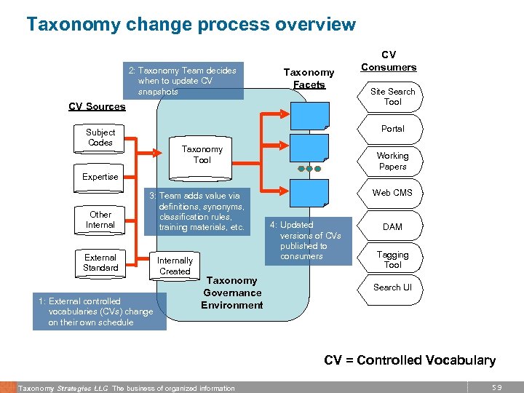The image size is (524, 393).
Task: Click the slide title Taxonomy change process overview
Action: point(191,25)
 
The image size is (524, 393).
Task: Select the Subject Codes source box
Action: point(100,138)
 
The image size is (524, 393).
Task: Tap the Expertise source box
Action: point(100,177)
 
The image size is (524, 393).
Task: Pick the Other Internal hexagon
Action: point(100,220)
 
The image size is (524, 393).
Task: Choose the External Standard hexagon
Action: point(100,263)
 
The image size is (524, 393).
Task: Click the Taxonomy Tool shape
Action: point(202,155)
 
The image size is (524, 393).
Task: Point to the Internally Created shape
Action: point(175,266)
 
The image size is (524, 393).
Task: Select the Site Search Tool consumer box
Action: point(392,97)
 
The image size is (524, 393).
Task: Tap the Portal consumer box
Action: point(392,129)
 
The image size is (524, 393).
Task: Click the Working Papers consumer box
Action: point(392,161)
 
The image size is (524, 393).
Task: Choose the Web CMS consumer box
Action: point(392,193)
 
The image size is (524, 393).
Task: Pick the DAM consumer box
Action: point(392,226)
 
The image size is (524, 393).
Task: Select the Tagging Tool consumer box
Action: point(392,260)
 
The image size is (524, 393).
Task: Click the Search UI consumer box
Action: point(392,287)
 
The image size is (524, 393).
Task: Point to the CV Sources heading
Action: point(97,106)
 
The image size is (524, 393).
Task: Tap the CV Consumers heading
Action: point(389,61)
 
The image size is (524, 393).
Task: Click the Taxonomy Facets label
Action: point(309,79)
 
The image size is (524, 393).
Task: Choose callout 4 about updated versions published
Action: point(309,240)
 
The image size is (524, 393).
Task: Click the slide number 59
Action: point(497,388)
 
